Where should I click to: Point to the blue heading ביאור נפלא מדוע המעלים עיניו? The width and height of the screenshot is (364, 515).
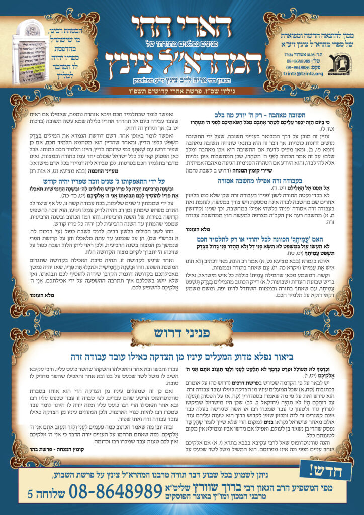pos(182,358)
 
